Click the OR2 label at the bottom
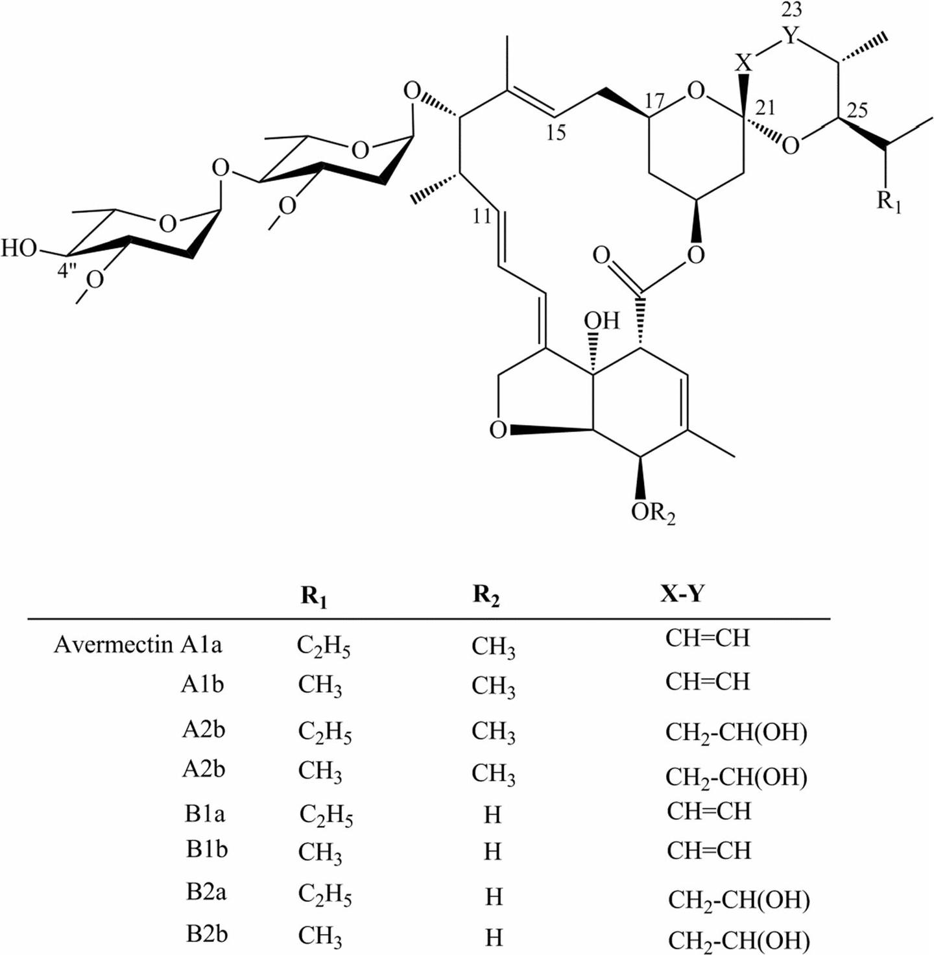tap(653, 513)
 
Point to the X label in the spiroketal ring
tap(744, 63)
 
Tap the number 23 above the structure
tap(791, 10)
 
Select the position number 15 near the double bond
tap(555, 132)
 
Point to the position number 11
tap(482, 217)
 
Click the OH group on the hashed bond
tap(601, 320)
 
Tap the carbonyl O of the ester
tap(601, 256)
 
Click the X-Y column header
tap(681, 593)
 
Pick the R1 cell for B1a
tap(326, 816)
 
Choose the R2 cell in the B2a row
tap(494, 897)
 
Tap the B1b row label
tap(207, 849)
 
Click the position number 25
tap(857, 110)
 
